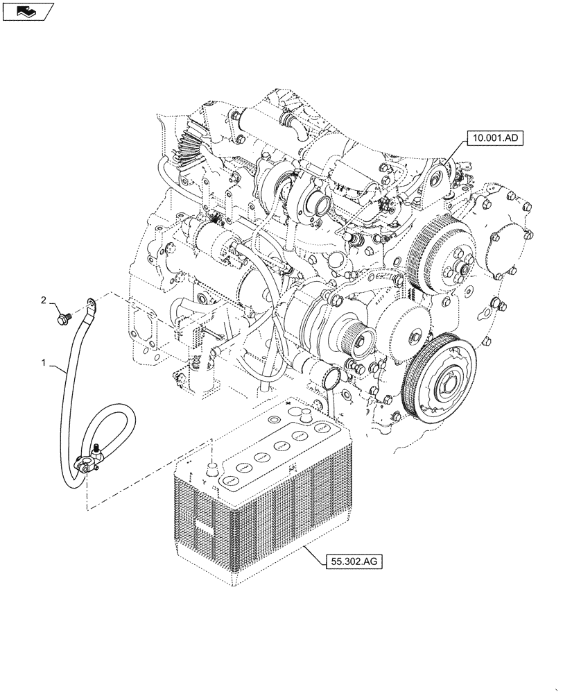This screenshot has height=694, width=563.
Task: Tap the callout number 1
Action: pyautogui.click(x=44, y=363)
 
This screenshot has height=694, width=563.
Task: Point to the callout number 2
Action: pyautogui.click(x=44, y=300)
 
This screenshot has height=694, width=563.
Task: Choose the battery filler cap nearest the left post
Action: pyautogui.click(x=229, y=479)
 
